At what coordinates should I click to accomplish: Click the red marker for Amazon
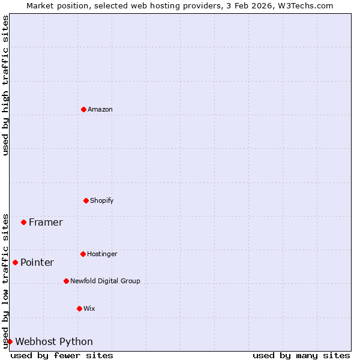click(84, 109)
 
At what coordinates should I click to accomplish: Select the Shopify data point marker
click(86, 200)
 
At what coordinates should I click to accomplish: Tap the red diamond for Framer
click(23, 222)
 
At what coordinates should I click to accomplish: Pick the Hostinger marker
click(83, 254)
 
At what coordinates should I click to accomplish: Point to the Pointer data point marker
click(15, 262)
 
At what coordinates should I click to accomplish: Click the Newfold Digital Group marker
click(66, 281)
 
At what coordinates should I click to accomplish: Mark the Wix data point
click(79, 308)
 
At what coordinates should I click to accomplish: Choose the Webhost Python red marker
click(10, 341)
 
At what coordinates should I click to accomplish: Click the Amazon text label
click(100, 109)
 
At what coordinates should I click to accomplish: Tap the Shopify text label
click(102, 200)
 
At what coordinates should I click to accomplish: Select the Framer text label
click(46, 222)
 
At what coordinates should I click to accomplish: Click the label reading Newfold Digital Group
click(105, 281)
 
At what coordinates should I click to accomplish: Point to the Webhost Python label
click(54, 341)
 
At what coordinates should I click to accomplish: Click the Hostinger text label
click(102, 254)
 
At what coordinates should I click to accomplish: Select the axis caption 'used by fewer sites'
click(62, 355)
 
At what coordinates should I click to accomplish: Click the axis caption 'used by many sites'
click(301, 355)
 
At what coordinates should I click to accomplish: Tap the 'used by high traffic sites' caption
click(5, 85)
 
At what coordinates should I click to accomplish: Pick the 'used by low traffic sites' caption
click(5, 280)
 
